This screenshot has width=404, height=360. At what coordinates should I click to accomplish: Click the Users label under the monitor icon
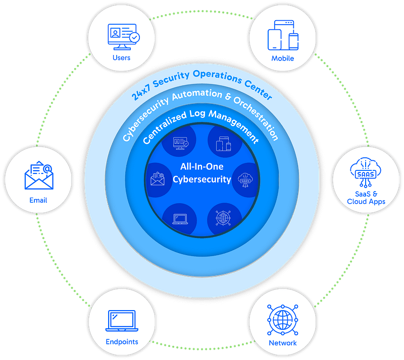tap(121, 57)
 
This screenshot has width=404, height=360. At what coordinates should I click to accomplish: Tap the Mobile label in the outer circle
tap(283, 58)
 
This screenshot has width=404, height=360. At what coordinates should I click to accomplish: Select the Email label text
tap(38, 200)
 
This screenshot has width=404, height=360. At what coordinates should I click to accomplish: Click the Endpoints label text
tap(122, 342)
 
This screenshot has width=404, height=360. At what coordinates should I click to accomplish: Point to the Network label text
tap(283, 343)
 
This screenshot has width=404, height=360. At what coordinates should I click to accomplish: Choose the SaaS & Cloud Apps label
tap(366, 197)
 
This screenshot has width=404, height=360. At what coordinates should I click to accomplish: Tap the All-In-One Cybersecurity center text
tap(202, 173)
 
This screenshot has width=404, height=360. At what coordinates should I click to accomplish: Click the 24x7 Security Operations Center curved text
tap(202, 80)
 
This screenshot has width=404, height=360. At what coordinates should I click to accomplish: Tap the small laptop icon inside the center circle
tap(179, 219)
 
